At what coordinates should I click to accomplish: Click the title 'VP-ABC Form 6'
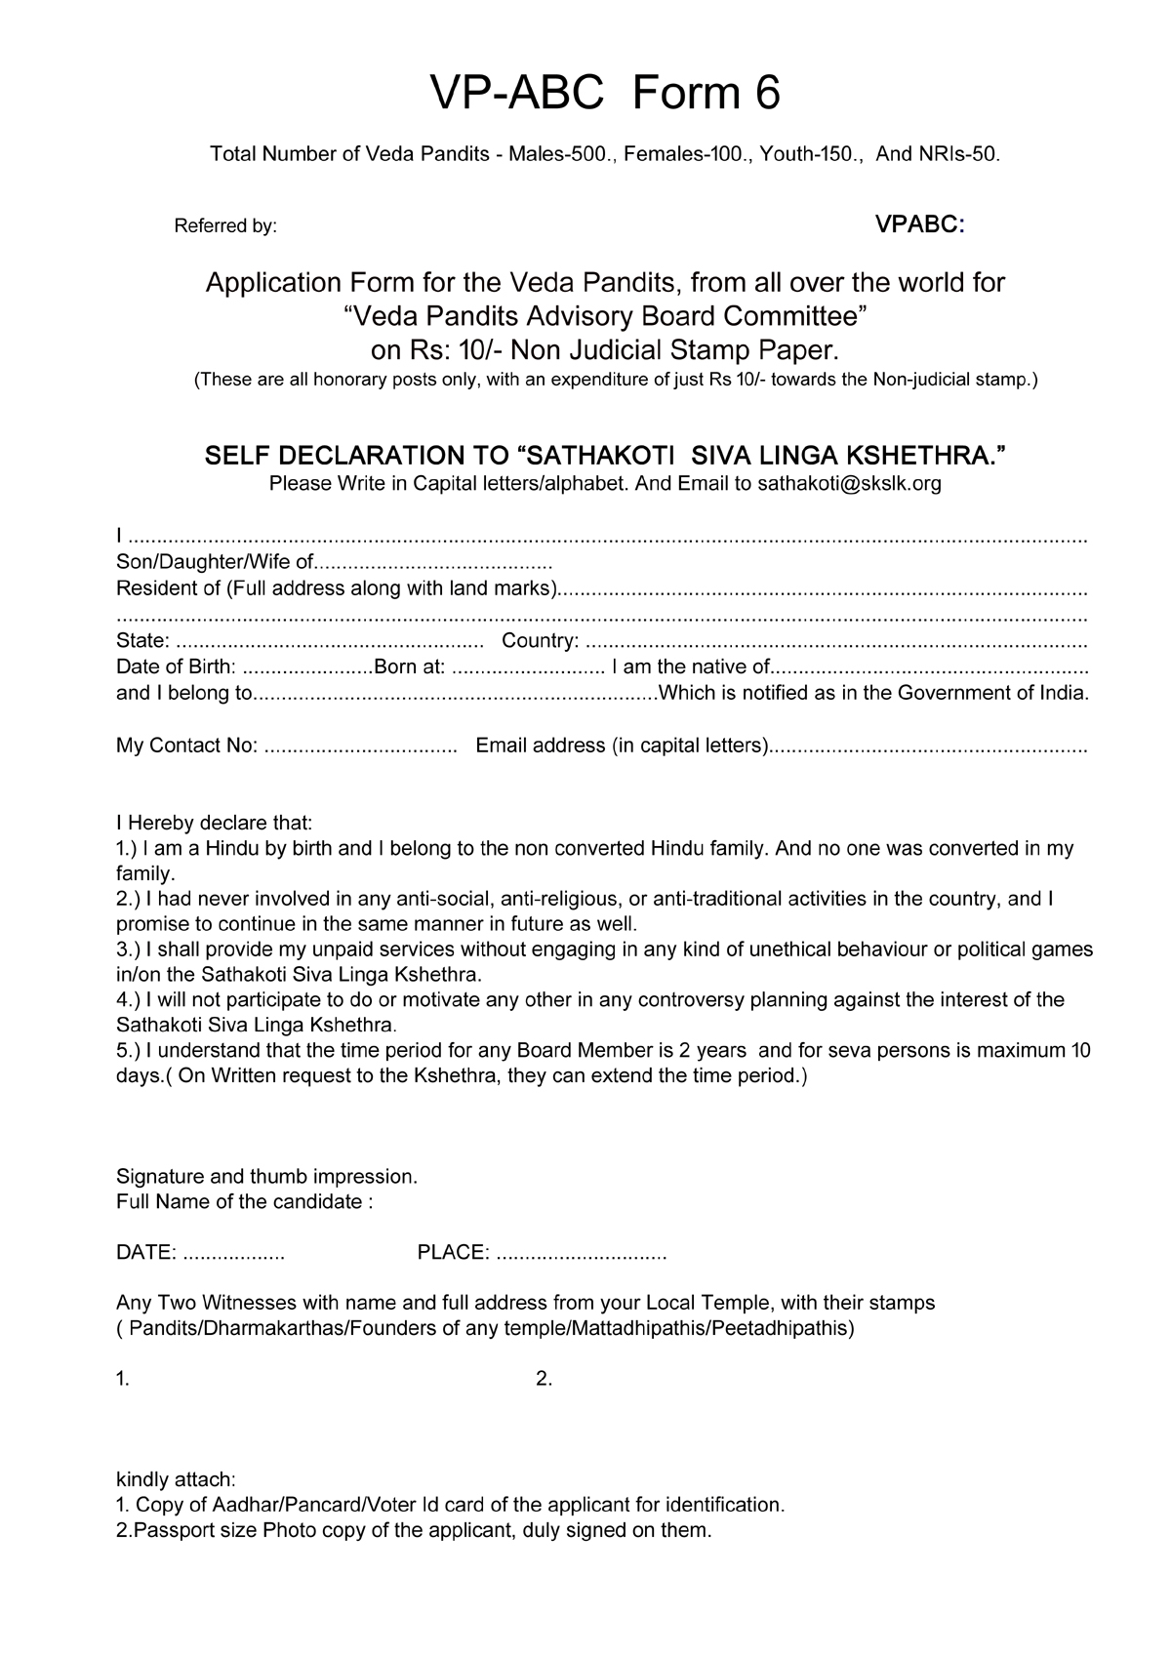pos(605,94)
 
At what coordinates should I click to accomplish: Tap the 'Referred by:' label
pos(225,226)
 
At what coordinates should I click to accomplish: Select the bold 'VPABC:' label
pos(919,225)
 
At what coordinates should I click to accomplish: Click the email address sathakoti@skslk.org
pos(849,483)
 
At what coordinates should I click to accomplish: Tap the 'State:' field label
pos(143,641)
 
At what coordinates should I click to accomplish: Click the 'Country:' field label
pos(540,641)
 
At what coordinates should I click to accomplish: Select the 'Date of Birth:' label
pos(176,667)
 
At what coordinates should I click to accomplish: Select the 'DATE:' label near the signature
pos(146,1253)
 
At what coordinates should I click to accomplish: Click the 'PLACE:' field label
pos(453,1253)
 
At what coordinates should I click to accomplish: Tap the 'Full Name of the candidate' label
pos(244,1201)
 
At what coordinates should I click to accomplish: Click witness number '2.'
pos(545,1379)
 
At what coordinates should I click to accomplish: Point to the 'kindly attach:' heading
pos(176,1479)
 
